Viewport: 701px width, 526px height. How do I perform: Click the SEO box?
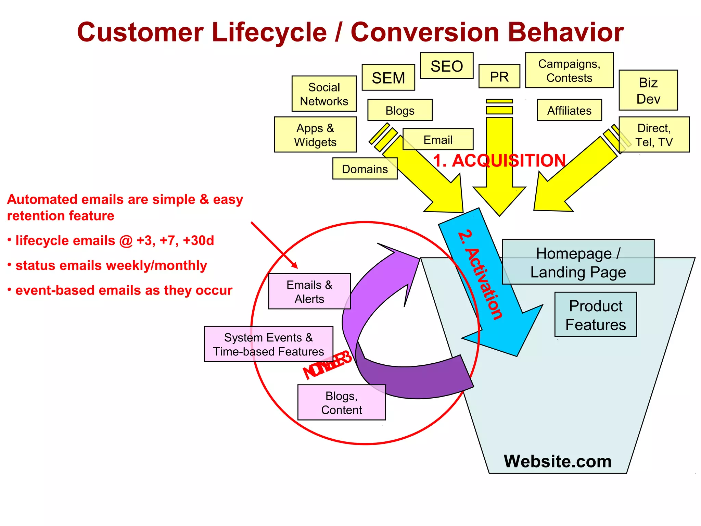pos(446,66)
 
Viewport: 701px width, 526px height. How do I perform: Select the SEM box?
pos(388,77)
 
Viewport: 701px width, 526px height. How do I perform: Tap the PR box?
pos(499,76)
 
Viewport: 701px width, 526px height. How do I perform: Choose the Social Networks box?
pos(324,94)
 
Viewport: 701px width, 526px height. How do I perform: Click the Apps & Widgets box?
pos(315,135)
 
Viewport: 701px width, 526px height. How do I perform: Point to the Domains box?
pos(365,168)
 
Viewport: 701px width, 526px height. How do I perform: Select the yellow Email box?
pos(438,139)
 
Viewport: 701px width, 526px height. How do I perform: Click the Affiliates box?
pos(569,110)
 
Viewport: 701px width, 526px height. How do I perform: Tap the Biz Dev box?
pos(648,90)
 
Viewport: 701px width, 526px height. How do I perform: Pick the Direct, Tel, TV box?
pos(654,135)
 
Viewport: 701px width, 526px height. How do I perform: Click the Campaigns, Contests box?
pos(569,71)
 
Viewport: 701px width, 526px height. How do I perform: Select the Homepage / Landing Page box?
pos(578,262)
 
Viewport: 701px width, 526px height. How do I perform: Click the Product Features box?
pos(595,315)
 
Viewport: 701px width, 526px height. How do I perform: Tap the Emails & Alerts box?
pos(309,291)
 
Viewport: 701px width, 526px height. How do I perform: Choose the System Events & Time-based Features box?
pos(268,344)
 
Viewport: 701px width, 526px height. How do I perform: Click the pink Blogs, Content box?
pos(341,402)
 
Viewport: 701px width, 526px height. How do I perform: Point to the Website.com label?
pos(557,461)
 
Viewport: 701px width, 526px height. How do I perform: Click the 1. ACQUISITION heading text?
pos(499,160)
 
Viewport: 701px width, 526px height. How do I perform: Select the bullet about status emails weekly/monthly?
pos(111,265)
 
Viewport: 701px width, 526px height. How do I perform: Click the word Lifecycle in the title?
pos(269,33)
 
